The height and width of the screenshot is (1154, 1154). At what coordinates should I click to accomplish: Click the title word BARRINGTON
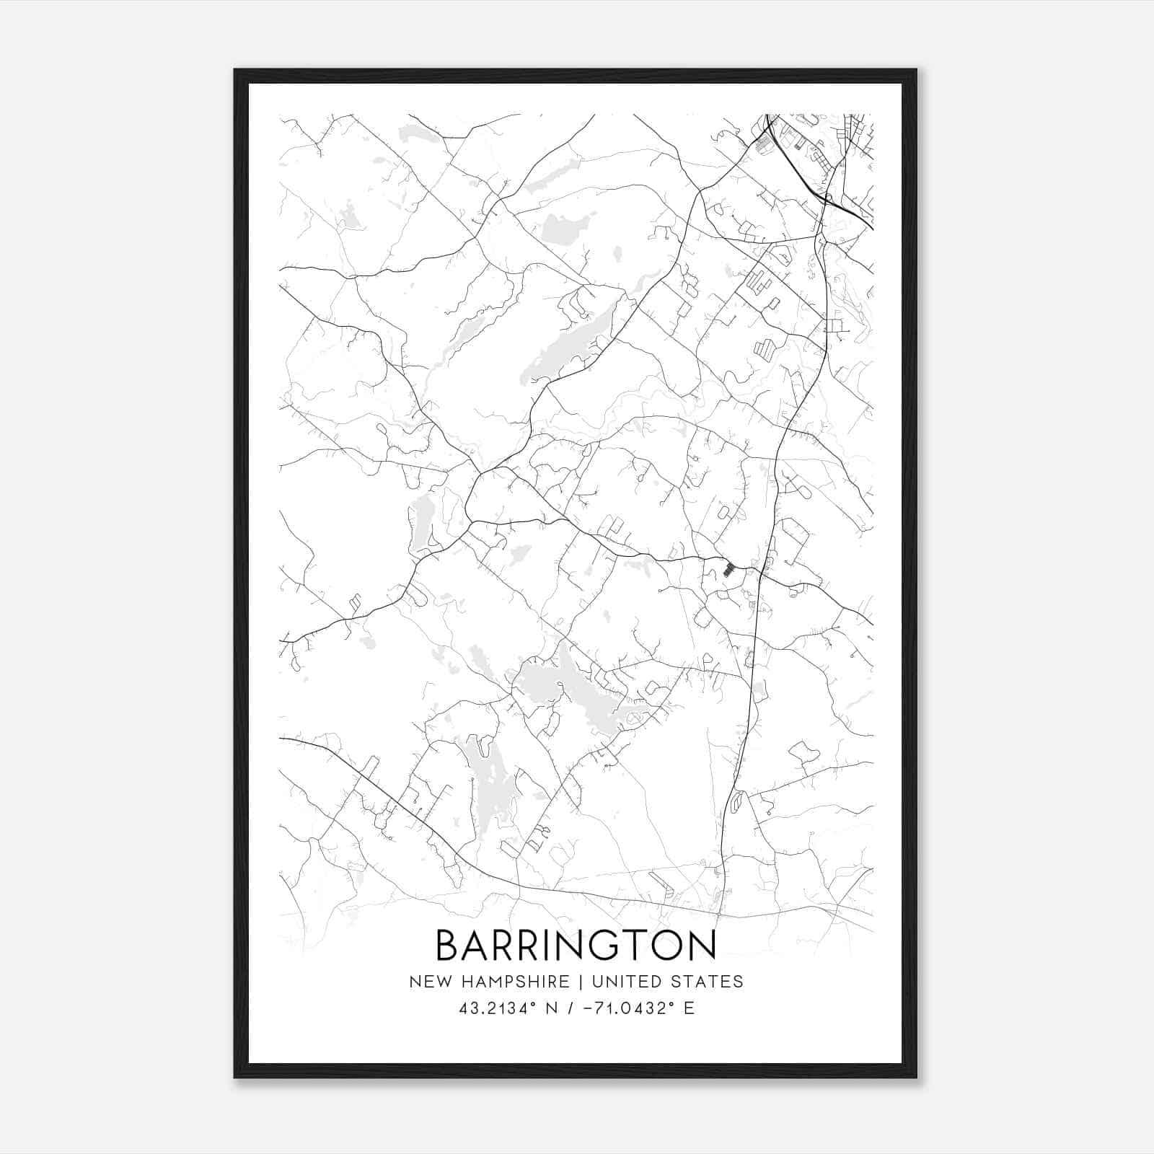[576, 945]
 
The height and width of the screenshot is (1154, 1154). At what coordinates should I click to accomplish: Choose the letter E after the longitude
[689, 1008]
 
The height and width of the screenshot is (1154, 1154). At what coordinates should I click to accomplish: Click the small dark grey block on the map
[728, 569]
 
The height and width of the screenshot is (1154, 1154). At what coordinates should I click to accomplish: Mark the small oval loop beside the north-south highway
[736, 801]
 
